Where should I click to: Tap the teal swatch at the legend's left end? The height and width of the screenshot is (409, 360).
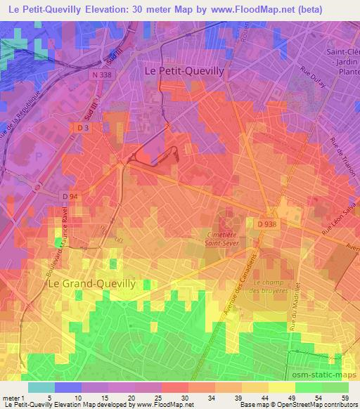click(41, 387)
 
